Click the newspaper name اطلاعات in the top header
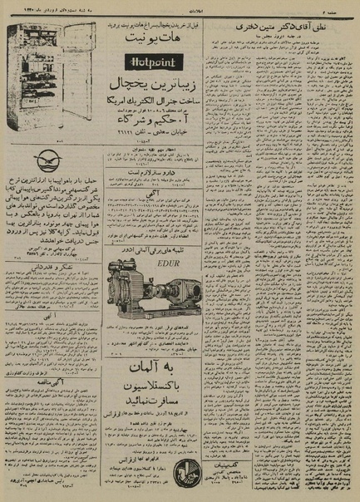point(180,7)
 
